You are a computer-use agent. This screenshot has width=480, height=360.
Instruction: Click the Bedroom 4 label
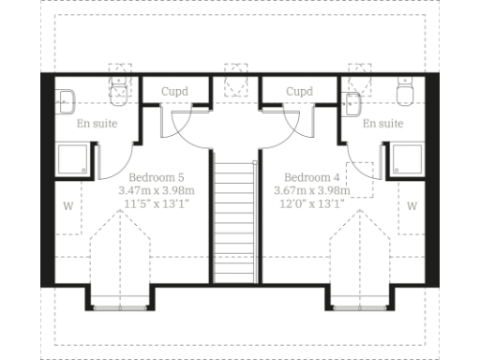point(308,176)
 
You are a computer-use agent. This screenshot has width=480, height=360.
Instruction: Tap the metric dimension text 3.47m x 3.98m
point(156,189)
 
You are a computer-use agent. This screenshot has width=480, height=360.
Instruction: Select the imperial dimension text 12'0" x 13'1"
point(308,202)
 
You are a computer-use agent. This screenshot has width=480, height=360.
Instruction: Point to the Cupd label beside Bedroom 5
point(174,92)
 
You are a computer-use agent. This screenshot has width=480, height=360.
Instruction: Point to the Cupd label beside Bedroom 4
point(299,92)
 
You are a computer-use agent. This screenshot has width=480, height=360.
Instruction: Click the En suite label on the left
point(97,124)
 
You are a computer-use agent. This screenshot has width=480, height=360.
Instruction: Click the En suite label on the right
point(382,124)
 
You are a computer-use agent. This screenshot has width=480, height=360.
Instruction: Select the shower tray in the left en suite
point(75,159)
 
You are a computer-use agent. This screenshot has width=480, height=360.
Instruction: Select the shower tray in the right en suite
point(409,159)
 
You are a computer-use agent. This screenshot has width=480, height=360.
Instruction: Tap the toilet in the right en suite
point(406,94)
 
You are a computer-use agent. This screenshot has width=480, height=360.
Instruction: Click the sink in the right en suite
point(355,101)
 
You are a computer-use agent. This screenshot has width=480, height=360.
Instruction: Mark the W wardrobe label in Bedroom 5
point(67,205)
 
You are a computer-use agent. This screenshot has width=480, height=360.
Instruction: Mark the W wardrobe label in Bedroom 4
point(412,205)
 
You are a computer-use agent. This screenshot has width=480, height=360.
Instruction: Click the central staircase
point(234,220)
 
